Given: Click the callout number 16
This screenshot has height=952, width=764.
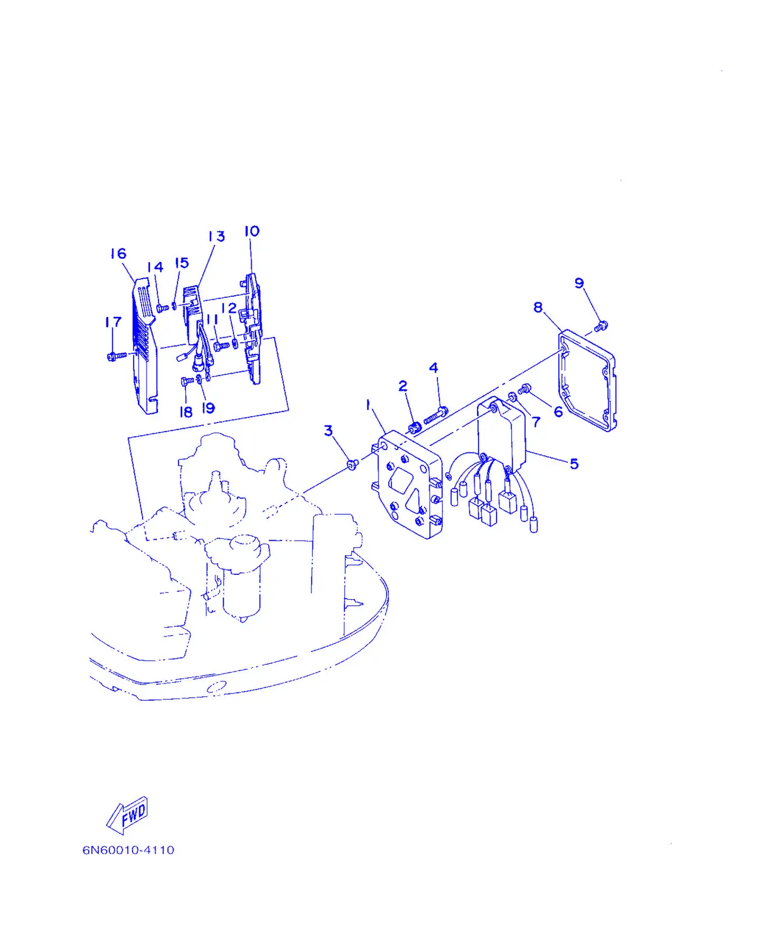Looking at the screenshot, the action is point(119,253).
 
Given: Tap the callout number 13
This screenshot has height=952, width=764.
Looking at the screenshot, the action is point(216,236).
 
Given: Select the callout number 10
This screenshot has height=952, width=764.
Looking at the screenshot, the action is point(252,231).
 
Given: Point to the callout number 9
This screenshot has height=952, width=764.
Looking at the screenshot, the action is point(579,283).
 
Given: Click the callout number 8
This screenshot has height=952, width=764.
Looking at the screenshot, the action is point(538,307).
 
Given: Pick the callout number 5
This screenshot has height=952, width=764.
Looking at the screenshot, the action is point(574,464).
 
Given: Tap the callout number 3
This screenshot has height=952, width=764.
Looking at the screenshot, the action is point(329,430).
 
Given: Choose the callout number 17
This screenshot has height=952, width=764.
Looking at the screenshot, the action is point(113,322).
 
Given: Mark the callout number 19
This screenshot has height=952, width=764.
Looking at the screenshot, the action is point(208,408).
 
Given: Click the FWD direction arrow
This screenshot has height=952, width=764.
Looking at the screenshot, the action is point(128,815).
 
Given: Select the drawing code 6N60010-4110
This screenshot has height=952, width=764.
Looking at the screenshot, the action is point(129,850).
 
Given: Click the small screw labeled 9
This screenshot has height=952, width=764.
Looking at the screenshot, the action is point(601,325).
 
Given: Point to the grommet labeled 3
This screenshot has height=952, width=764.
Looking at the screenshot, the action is point(353,464).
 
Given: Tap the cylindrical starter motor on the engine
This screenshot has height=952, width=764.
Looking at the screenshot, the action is point(243,579).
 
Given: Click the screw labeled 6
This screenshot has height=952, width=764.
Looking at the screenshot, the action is point(525,388).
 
